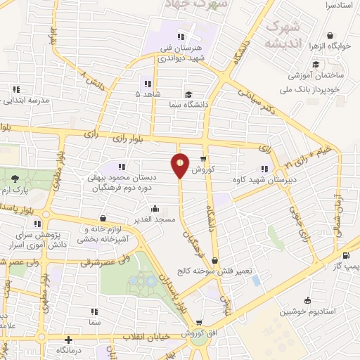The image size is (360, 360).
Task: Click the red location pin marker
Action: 181,165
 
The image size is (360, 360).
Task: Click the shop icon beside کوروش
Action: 203,160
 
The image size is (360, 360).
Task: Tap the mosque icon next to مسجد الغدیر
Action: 155,209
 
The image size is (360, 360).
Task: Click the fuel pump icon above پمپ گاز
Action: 346,256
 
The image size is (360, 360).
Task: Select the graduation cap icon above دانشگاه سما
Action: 188,94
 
